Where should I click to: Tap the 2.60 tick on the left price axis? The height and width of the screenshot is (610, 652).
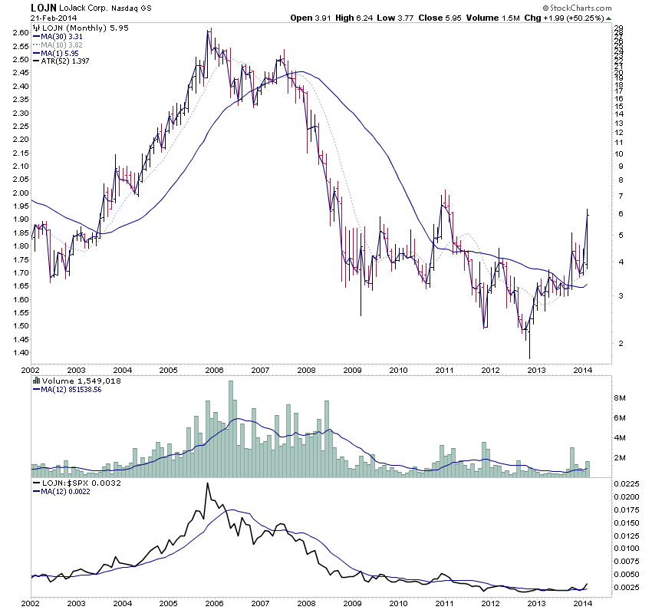pos(20,33)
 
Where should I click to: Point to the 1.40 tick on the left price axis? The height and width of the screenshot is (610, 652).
pos(20,353)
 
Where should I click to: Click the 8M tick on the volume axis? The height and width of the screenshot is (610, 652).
pos(620,398)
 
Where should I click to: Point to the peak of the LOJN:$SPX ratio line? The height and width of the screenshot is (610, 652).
pos(207,483)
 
